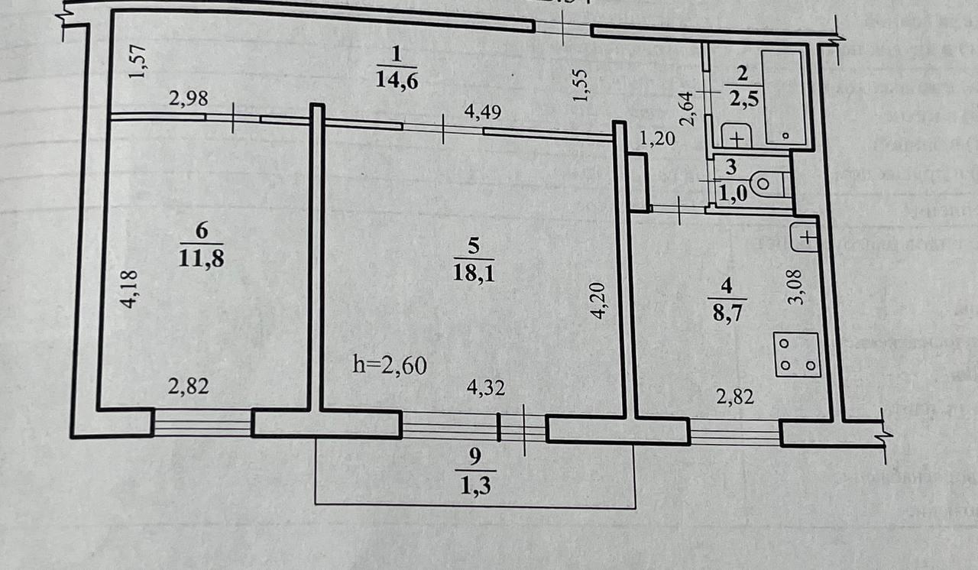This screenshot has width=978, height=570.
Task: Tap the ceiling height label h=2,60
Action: pyautogui.click(x=389, y=364)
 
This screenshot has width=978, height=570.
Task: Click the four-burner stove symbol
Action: pyautogui.click(x=797, y=355)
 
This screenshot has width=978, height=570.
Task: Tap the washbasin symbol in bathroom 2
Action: pyautogui.click(x=736, y=137)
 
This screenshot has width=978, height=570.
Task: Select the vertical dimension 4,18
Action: pyautogui.click(x=131, y=289)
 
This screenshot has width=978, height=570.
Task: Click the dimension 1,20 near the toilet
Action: pyautogui.click(x=656, y=138)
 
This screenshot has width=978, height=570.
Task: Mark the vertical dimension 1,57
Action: pyautogui.click(x=138, y=62)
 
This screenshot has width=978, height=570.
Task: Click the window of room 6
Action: pyautogui.click(x=202, y=423)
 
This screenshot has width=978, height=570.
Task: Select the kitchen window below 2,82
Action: pyautogui.click(x=734, y=432)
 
